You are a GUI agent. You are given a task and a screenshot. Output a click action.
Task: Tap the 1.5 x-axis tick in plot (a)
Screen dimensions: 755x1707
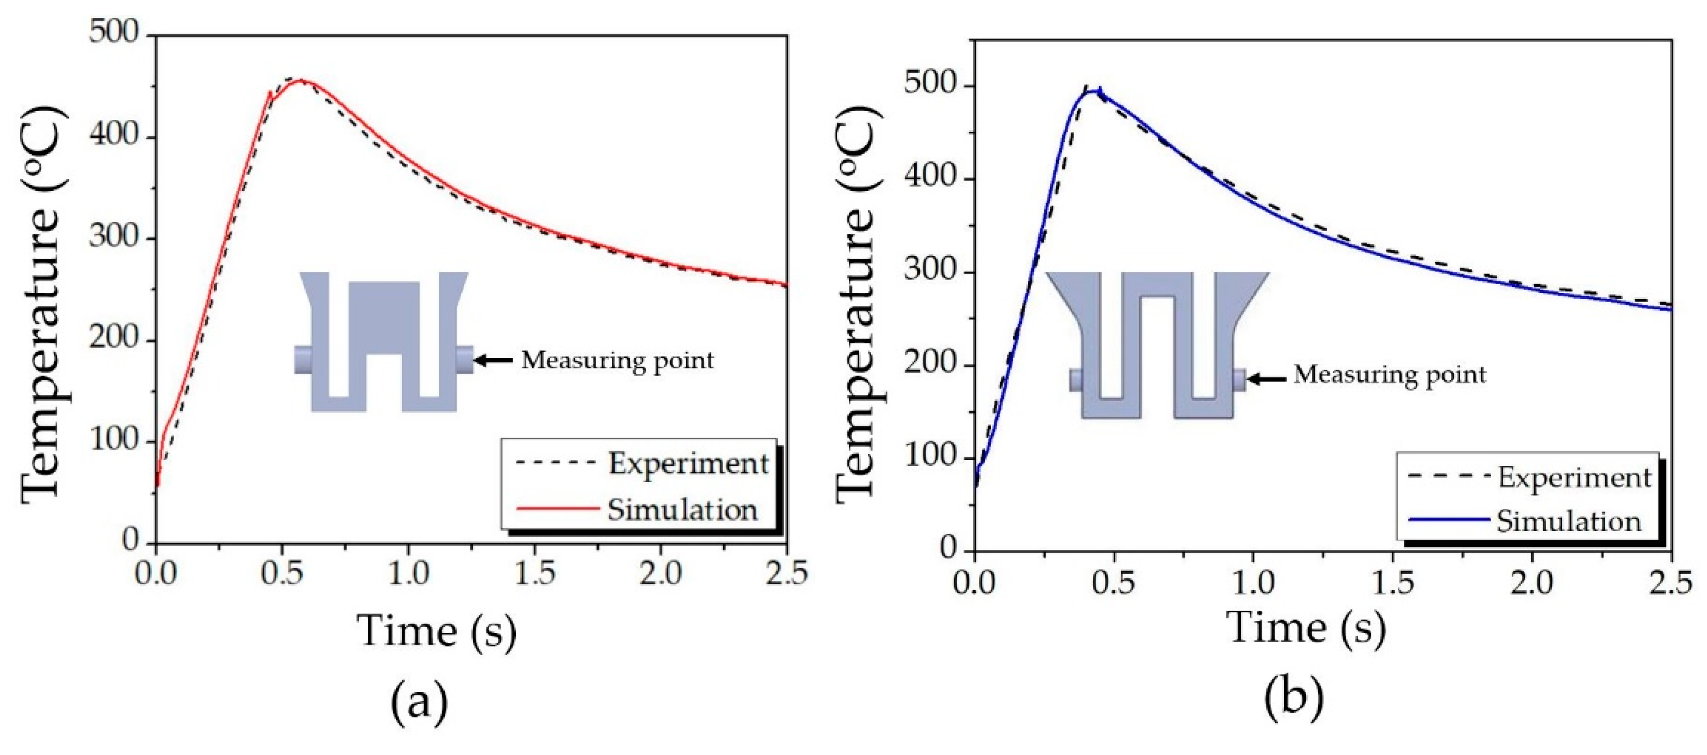pos(534,573)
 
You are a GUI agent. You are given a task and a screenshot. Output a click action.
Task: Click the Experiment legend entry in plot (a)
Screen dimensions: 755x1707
pos(688,463)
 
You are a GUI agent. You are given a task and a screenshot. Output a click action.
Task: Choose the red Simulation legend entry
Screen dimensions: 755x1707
pos(681,509)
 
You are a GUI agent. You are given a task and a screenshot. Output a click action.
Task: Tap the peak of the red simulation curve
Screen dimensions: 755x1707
pos(302,81)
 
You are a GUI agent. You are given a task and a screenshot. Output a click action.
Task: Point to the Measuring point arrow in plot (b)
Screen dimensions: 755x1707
pos(1267,379)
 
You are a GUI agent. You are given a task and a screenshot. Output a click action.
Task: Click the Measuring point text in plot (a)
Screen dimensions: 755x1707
pos(618,360)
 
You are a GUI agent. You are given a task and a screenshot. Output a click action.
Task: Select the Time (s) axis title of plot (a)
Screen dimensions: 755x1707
pos(437,630)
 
